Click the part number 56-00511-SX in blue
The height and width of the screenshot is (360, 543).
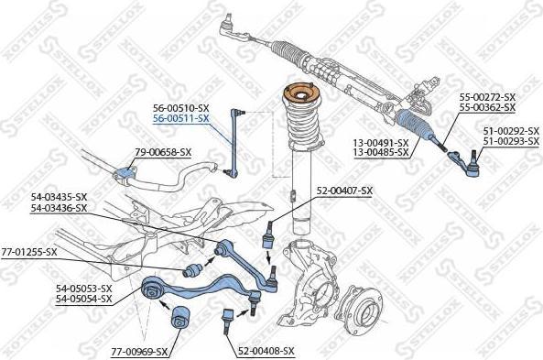coord(181,119)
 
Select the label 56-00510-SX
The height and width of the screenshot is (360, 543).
coord(181,108)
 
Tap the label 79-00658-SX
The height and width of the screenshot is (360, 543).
coord(163,152)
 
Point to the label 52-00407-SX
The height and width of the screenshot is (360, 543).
coord(344,191)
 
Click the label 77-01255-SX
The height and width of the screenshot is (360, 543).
coord(29,252)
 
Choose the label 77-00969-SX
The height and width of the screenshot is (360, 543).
coord(139,352)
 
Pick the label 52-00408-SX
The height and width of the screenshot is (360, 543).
coord(266,352)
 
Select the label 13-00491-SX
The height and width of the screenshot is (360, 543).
coord(381,142)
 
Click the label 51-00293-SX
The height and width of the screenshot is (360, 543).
coord(511,141)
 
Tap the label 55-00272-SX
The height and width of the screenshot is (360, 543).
coord(487,97)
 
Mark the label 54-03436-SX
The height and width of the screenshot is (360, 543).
coord(60,208)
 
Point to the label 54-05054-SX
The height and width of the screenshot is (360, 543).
coord(84,299)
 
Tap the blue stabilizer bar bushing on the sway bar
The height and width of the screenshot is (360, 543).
coord(124,173)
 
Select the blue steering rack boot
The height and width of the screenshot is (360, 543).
coord(415,124)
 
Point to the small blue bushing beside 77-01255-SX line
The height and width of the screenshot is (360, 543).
coord(192,270)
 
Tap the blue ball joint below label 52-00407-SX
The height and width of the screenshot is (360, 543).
coord(268,235)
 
